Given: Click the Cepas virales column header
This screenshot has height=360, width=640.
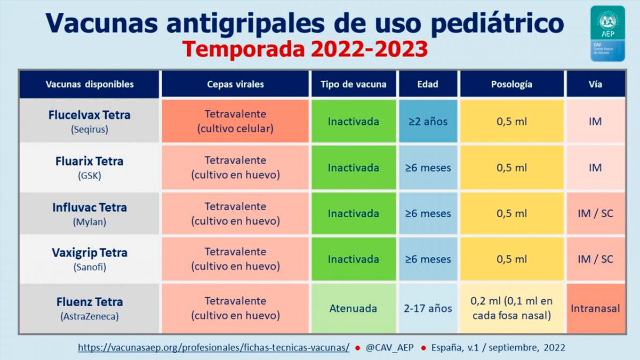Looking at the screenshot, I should pyautogui.click(x=235, y=84).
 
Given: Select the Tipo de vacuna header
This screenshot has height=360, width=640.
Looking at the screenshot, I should pyautogui.click(x=354, y=84).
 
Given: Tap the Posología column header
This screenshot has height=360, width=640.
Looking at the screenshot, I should pyautogui.click(x=511, y=84).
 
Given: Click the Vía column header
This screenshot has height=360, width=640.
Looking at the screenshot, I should pyautogui.click(x=595, y=84).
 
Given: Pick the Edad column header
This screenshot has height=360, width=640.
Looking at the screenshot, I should pyautogui.click(x=428, y=84).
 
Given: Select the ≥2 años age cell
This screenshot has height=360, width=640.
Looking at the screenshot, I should pyautogui.click(x=428, y=122).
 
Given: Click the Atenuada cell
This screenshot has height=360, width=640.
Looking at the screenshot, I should pyautogui.click(x=353, y=308).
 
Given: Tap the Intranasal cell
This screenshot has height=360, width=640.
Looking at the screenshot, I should pyautogui.click(x=595, y=308).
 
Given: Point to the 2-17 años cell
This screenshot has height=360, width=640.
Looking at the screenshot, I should pyautogui.click(x=428, y=308).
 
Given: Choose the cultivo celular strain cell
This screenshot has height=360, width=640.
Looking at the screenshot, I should pyautogui.click(x=235, y=122).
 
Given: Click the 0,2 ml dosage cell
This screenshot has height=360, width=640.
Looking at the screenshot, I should pyautogui.click(x=511, y=308).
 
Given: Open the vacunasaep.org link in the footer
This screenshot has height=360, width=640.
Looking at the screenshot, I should pyautogui.click(x=213, y=347).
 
